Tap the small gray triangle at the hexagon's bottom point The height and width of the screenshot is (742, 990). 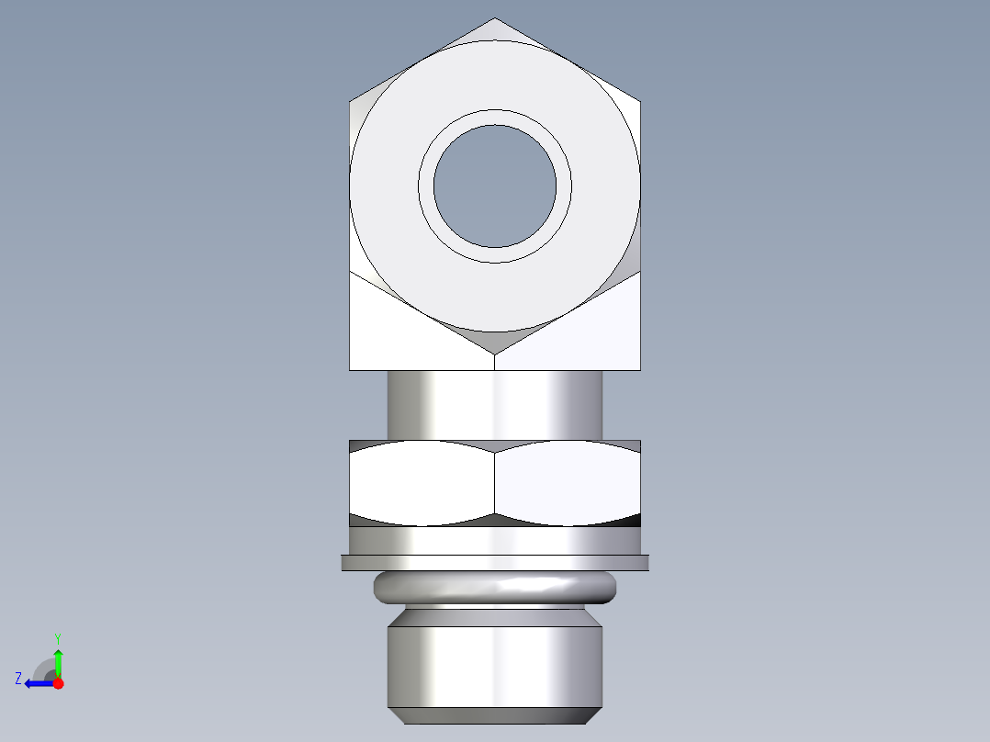tap(495, 342)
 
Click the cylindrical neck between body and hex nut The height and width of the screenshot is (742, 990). tap(495, 404)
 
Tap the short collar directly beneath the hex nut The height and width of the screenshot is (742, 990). tap(495, 541)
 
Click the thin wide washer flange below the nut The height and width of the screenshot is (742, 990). tap(495, 562)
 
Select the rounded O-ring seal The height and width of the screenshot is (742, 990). tap(495, 587)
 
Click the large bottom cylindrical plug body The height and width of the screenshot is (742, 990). tap(495, 666)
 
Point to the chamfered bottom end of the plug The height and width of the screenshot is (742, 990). tap(495, 715)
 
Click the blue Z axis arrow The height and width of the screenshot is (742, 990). tap(37, 683)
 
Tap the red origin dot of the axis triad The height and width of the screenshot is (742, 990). tap(59, 683)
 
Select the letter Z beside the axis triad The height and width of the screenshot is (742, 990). tap(18, 679)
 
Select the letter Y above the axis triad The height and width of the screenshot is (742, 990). tap(57, 638)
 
